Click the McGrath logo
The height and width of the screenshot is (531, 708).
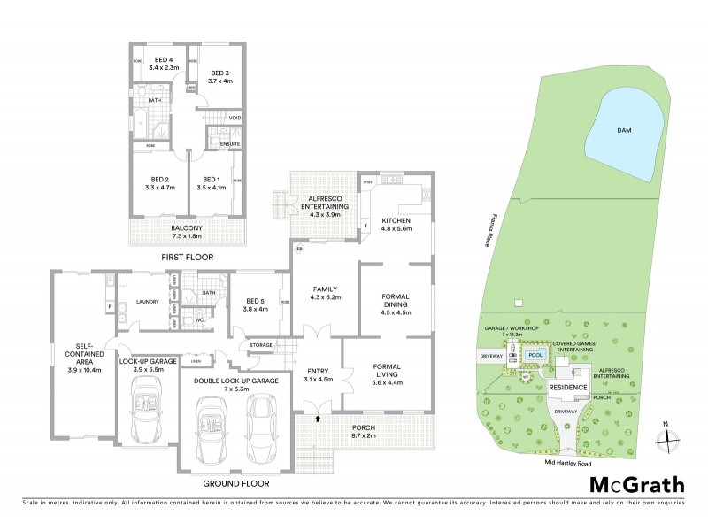coord(636,484)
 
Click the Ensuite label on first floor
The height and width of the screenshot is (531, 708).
coord(218,143)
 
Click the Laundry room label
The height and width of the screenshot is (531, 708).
coord(148,302)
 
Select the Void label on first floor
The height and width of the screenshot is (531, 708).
coord(235,118)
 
